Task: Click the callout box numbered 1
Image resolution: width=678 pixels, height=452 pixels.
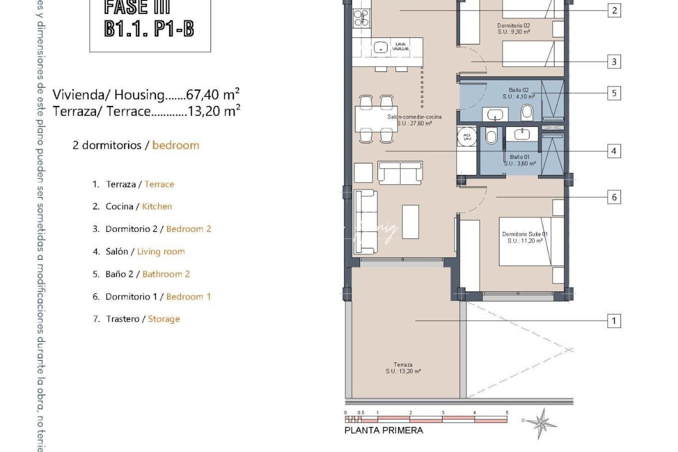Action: [x=614, y=321]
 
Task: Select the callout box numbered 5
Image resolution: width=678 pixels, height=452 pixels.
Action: [x=614, y=93]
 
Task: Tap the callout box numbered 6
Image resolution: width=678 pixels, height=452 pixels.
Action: [x=614, y=197]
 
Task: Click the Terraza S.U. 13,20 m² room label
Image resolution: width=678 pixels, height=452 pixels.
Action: [x=403, y=368]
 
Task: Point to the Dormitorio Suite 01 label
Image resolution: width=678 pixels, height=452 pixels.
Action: [x=525, y=237]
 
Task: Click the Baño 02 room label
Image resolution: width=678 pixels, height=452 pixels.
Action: [x=519, y=93]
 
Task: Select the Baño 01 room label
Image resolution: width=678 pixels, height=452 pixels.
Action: [x=520, y=160]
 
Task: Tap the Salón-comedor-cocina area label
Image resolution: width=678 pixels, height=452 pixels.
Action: [x=414, y=120]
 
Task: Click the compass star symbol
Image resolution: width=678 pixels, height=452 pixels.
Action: [x=542, y=423]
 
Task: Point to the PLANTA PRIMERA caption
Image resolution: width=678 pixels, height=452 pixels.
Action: [x=383, y=430]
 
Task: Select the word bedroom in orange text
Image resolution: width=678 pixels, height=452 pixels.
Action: [x=176, y=145]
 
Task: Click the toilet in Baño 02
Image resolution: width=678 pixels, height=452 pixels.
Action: [x=527, y=112]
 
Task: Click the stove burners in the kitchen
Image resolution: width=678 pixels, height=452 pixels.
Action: [x=361, y=18]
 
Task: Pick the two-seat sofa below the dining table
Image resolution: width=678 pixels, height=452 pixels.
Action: [x=400, y=172]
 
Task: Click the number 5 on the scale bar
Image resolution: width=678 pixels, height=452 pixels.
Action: [x=507, y=413]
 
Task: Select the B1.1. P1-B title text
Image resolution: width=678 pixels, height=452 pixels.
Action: [x=149, y=29]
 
